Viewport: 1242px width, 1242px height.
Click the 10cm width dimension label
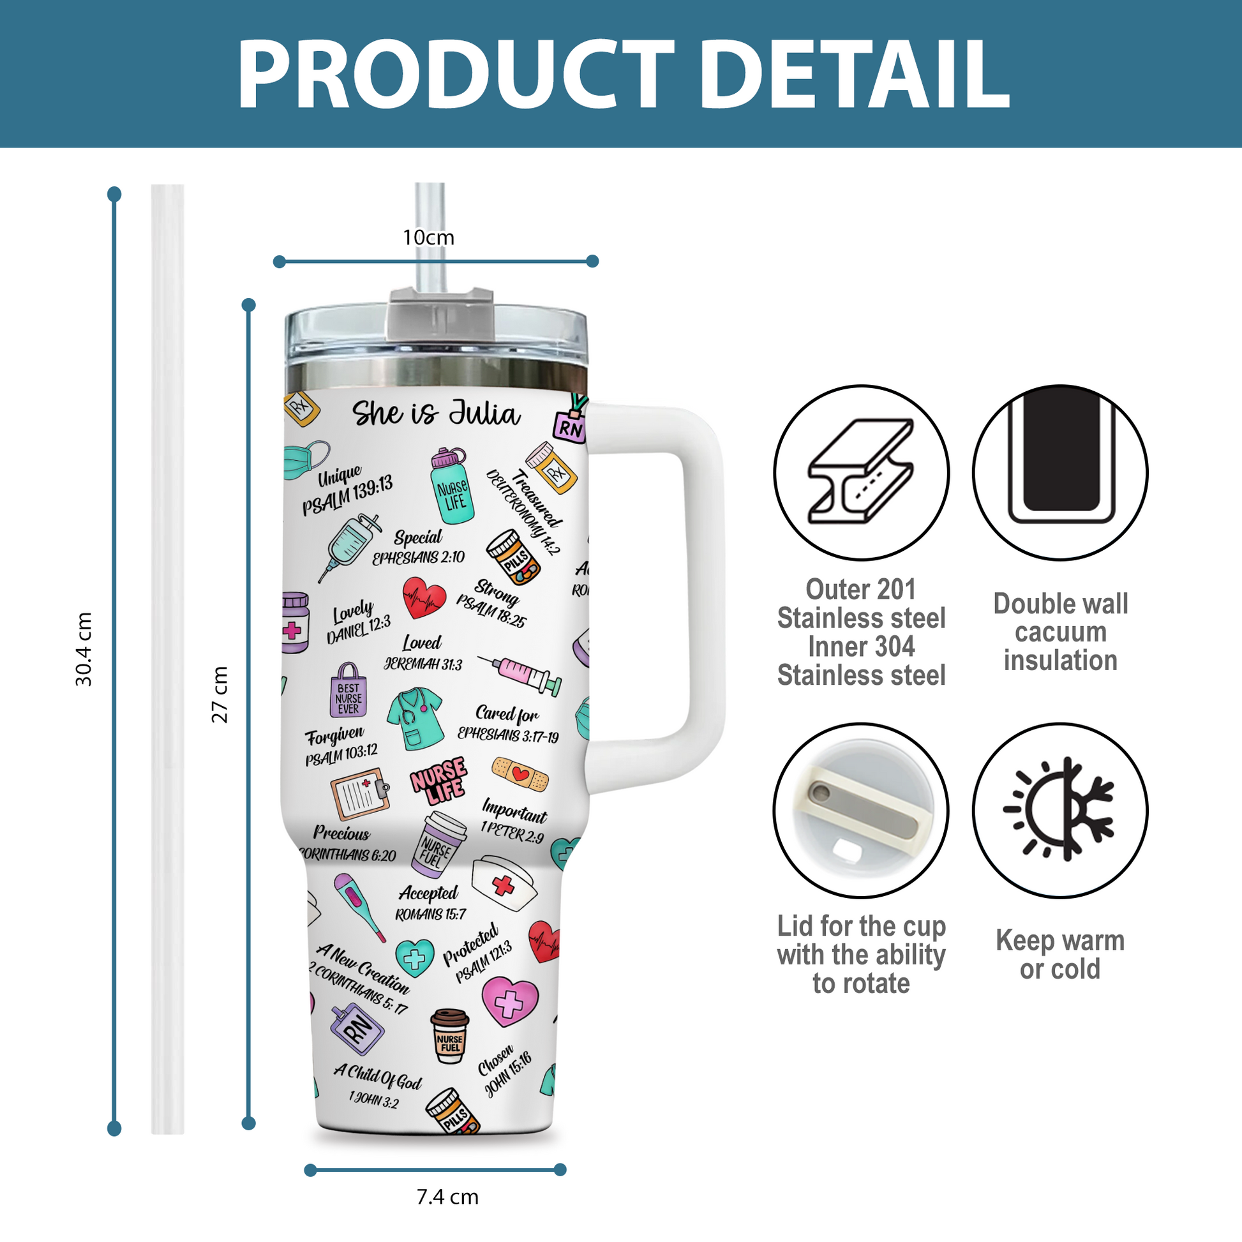pyautogui.click(x=428, y=238)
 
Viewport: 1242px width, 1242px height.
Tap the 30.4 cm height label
pyautogui.click(x=84, y=649)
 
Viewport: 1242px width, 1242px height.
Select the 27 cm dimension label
pyautogui.click(x=220, y=694)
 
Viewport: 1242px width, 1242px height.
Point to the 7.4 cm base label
pyautogui.click(x=447, y=1197)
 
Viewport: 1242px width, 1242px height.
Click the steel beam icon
pyautogui.click(x=861, y=472)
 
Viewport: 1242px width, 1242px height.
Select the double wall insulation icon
pyautogui.click(x=1060, y=472)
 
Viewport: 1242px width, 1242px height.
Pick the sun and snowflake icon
pyautogui.click(x=1060, y=810)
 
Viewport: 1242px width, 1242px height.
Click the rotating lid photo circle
pyautogui.click(x=861, y=810)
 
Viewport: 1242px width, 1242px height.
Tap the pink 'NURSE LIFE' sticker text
pyautogui.click(x=439, y=780)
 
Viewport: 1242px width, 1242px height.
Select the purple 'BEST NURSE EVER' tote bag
pyautogui.click(x=348, y=691)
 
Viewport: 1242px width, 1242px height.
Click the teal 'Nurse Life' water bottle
pyautogui.click(x=452, y=486)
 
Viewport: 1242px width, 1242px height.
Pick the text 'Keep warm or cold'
pyautogui.click(x=1060, y=955)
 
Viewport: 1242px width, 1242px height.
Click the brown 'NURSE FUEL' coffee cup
pyautogui.click(x=449, y=1036)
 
